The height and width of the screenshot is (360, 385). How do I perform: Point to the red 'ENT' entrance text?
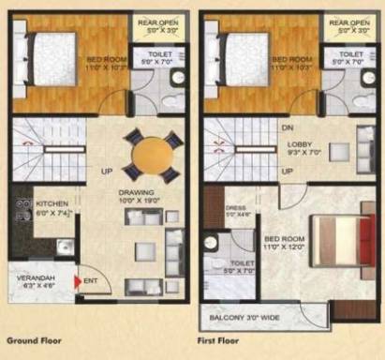click(x=92, y=279)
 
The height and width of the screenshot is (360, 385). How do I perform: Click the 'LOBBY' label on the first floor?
click(x=300, y=142)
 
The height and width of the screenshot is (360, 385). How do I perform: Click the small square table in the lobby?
click(x=338, y=151)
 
